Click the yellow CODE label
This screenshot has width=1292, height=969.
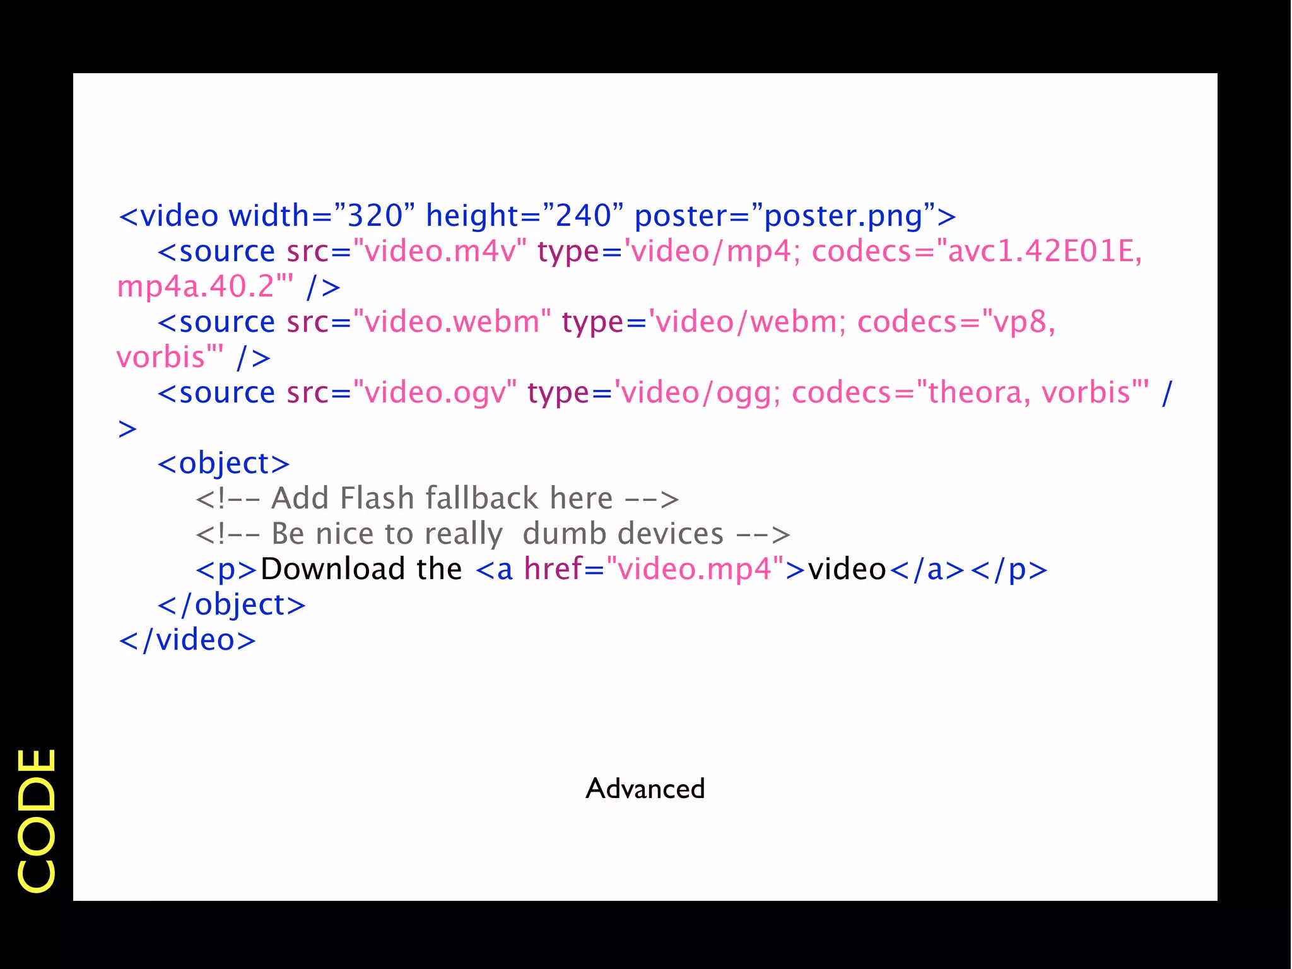(37, 820)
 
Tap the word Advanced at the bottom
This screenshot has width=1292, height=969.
(645, 789)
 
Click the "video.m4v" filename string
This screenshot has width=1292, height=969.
(440, 252)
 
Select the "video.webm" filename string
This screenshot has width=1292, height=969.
(452, 322)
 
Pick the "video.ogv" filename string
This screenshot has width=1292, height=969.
(435, 393)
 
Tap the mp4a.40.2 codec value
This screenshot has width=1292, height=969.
(196, 287)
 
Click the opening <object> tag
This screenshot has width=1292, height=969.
(223, 464)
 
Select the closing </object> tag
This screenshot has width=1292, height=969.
(232, 605)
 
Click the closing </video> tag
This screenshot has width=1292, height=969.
(187, 640)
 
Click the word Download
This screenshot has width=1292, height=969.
(333, 570)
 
